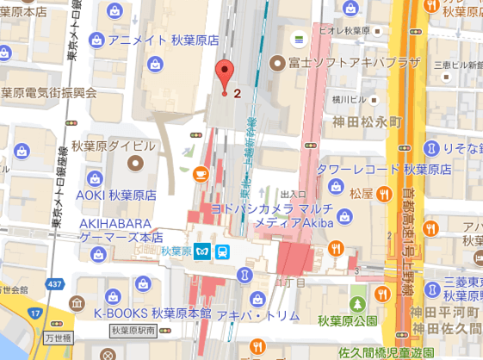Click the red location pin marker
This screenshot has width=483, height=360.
point(225,75)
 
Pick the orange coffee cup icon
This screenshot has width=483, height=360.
point(201,173)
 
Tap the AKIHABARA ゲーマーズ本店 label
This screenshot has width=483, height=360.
point(121,228)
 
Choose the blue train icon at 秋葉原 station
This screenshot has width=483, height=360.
point(224,251)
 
